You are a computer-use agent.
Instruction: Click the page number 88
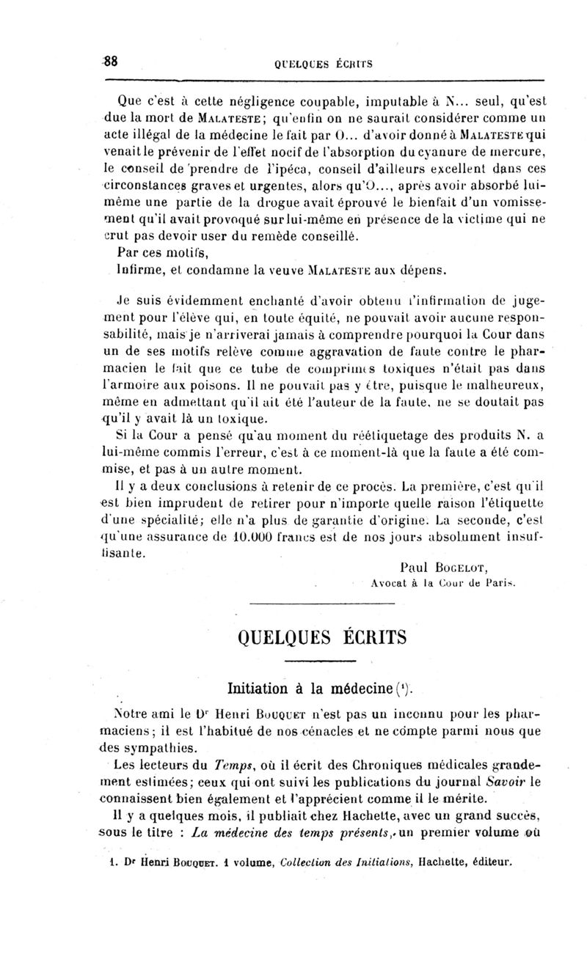point(110,62)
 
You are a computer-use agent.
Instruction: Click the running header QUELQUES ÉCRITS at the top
point(325,64)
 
